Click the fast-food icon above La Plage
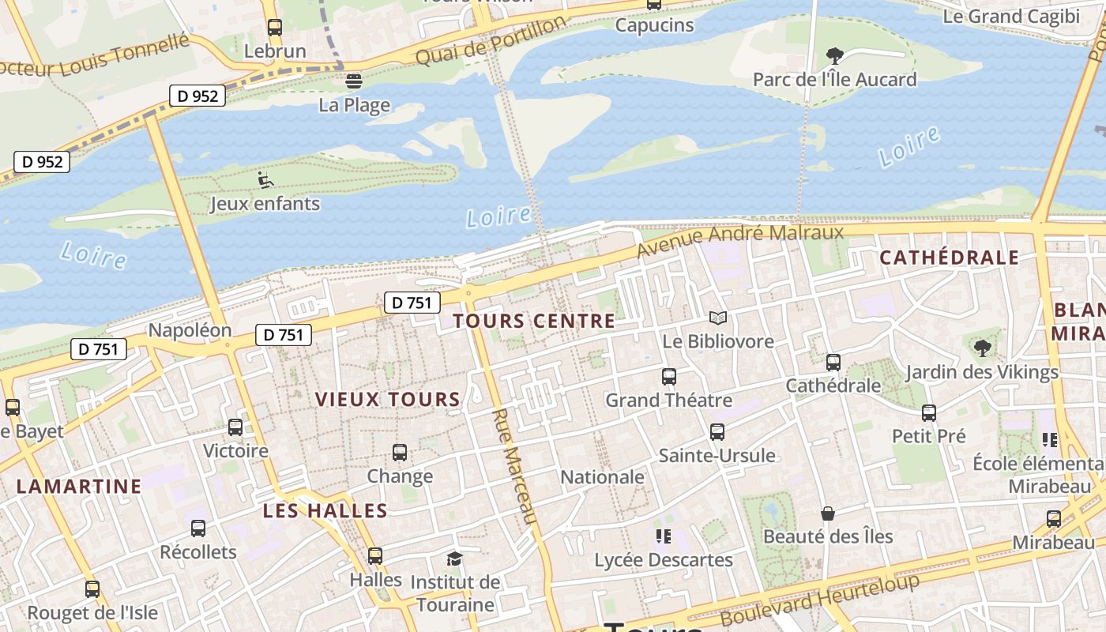pos(353,81)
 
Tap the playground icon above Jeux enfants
pos(265,181)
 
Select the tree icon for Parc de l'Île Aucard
pos(834,55)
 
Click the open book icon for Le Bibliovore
pos(717,318)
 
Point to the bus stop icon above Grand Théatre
pos(668,377)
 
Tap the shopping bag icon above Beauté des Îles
pos(827,514)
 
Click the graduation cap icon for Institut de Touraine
pos(454,559)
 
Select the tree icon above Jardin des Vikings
pos(982,348)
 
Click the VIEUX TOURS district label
pos(388,400)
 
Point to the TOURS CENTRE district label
pos(534,321)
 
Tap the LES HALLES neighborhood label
pos(325,511)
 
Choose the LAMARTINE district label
pos(79,487)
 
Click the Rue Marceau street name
pos(515,466)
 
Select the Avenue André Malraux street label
pos(740,240)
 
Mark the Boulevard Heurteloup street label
pos(820,600)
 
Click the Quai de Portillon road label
pos(491,41)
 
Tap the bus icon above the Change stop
pos(400,453)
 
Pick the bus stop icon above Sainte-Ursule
pos(717,432)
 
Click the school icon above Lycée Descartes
pos(663,537)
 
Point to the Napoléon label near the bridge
pos(190,330)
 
